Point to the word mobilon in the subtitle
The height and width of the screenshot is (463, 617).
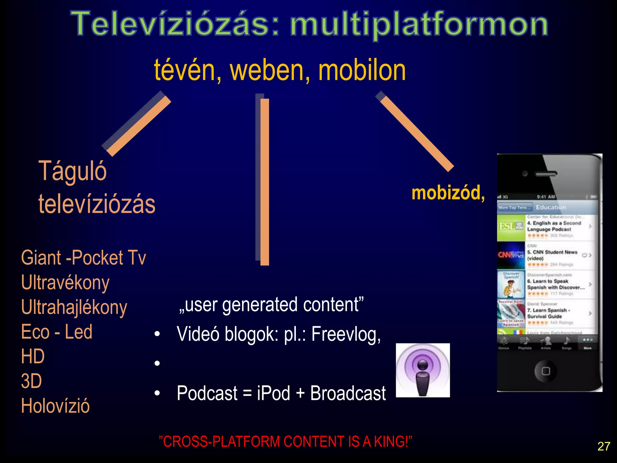[x=362, y=71]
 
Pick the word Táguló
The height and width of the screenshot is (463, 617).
[x=73, y=171]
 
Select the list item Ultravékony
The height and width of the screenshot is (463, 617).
[x=65, y=283]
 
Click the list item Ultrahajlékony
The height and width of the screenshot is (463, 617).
[x=74, y=307]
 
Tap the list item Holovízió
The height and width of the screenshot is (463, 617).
[x=55, y=406]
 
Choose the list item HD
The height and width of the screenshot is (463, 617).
[x=33, y=356]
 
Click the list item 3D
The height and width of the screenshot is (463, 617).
[x=31, y=381]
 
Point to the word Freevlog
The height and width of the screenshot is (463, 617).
[x=346, y=335]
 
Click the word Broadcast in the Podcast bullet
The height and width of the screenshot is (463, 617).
[x=348, y=393]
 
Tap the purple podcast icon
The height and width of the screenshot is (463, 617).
[x=423, y=370]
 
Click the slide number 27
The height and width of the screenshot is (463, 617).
[x=604, y=446]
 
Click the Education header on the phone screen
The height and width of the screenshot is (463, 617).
[x=551, y=207]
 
